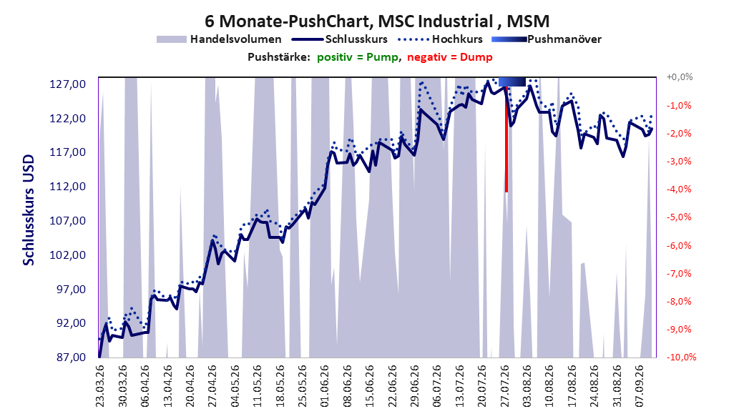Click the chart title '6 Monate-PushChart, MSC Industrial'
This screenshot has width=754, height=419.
(348, 21)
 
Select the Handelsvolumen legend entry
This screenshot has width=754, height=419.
(220, 39)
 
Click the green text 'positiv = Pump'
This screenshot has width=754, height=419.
(358, 57)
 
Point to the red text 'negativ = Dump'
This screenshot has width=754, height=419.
(450, 57)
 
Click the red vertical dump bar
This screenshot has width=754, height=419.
(506, 139)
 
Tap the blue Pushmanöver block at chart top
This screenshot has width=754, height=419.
(512, 82)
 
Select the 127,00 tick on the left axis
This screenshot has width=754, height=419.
(68, 84)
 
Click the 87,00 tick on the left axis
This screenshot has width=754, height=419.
(68, 358)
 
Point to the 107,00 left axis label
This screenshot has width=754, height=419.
(68, 221)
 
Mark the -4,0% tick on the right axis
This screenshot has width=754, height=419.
(679, 189)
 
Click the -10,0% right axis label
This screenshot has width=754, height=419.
(681, 357)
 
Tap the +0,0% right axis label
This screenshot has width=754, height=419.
(680, 77)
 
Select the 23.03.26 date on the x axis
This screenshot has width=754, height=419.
(100, 386)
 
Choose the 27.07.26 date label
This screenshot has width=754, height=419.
(505, 386)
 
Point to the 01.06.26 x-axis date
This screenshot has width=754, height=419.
(325, 386)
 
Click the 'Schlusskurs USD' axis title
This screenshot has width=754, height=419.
(29, 210)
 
